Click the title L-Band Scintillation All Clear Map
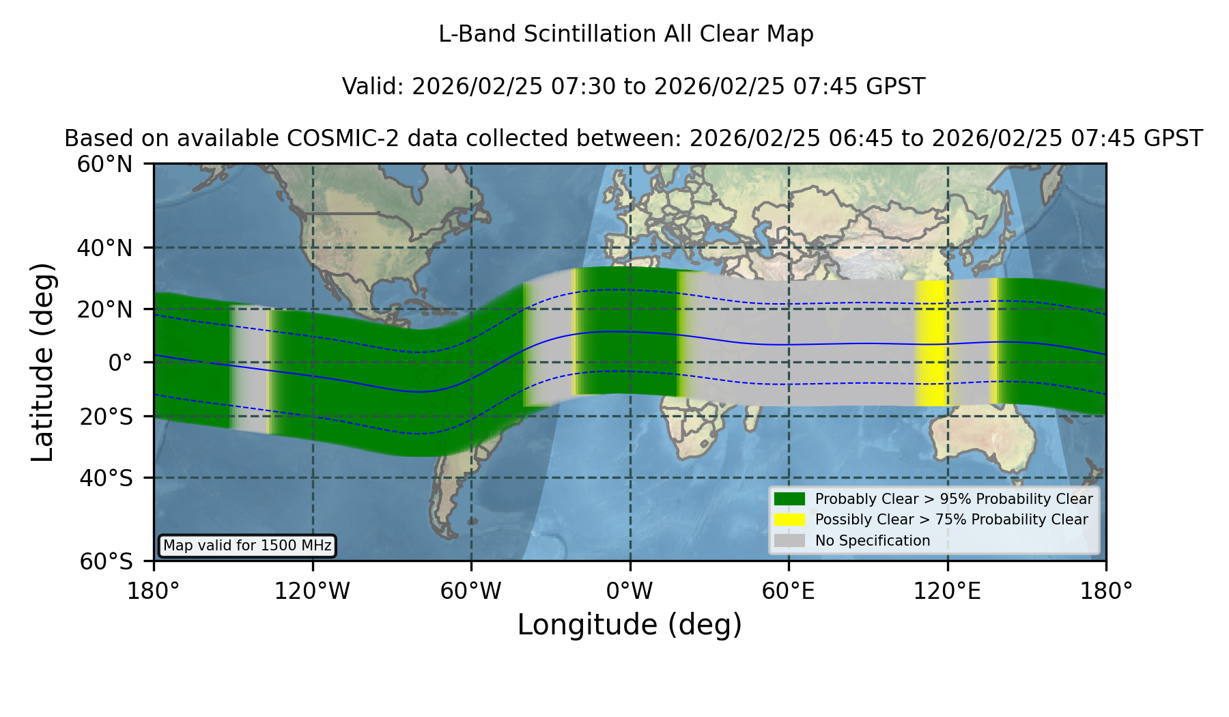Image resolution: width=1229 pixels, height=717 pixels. (x=625, y=34)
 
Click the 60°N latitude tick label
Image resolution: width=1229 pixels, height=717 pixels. (x=104, y=165)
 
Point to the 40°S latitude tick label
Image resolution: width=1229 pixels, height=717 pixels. (x=106, y=478)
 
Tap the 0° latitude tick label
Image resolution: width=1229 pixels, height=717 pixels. (x=120, y=363)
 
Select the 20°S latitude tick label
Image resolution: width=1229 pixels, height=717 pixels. (x=106, y=417)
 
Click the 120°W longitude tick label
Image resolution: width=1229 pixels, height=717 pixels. (x=312, y=591)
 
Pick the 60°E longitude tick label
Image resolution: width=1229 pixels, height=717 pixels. (x=788, y=591)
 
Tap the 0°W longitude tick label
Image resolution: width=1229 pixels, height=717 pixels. (x=630, y=591)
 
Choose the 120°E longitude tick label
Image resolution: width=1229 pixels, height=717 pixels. (x=947, y=591)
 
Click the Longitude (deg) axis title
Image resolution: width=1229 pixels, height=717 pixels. (x=630, y=625)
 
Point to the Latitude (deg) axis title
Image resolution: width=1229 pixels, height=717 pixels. (x=43, y=362)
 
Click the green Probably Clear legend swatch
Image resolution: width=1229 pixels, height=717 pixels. (x=789, y=499)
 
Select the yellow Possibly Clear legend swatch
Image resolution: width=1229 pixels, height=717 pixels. (x=789, y=520)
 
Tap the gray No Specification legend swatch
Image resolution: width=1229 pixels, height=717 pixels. (x=789, y=541)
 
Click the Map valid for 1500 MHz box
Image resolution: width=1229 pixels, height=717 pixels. (x=247, y=546)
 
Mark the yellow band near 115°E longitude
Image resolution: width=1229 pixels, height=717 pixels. (x=931, y=343)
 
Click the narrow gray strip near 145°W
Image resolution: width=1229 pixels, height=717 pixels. (x=249, y=369)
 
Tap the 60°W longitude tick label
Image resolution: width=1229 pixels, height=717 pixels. (x=471, y=591)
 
